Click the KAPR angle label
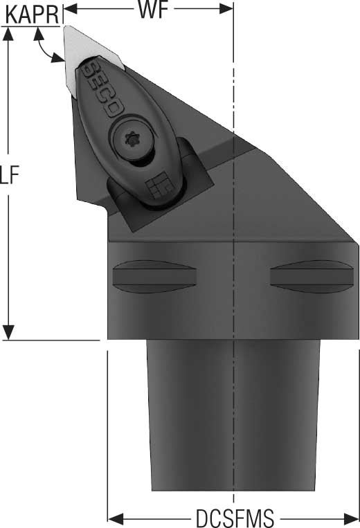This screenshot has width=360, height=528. click(x=33, y=15)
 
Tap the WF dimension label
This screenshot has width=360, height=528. click(x=153, y=10)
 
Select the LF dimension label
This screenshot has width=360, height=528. click(x=9, y=175)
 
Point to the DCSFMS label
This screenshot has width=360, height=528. click(x=235, y=518)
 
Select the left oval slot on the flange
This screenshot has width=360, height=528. click(x=154, y=277)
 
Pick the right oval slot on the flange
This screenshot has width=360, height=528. click(x=312, y=277)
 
